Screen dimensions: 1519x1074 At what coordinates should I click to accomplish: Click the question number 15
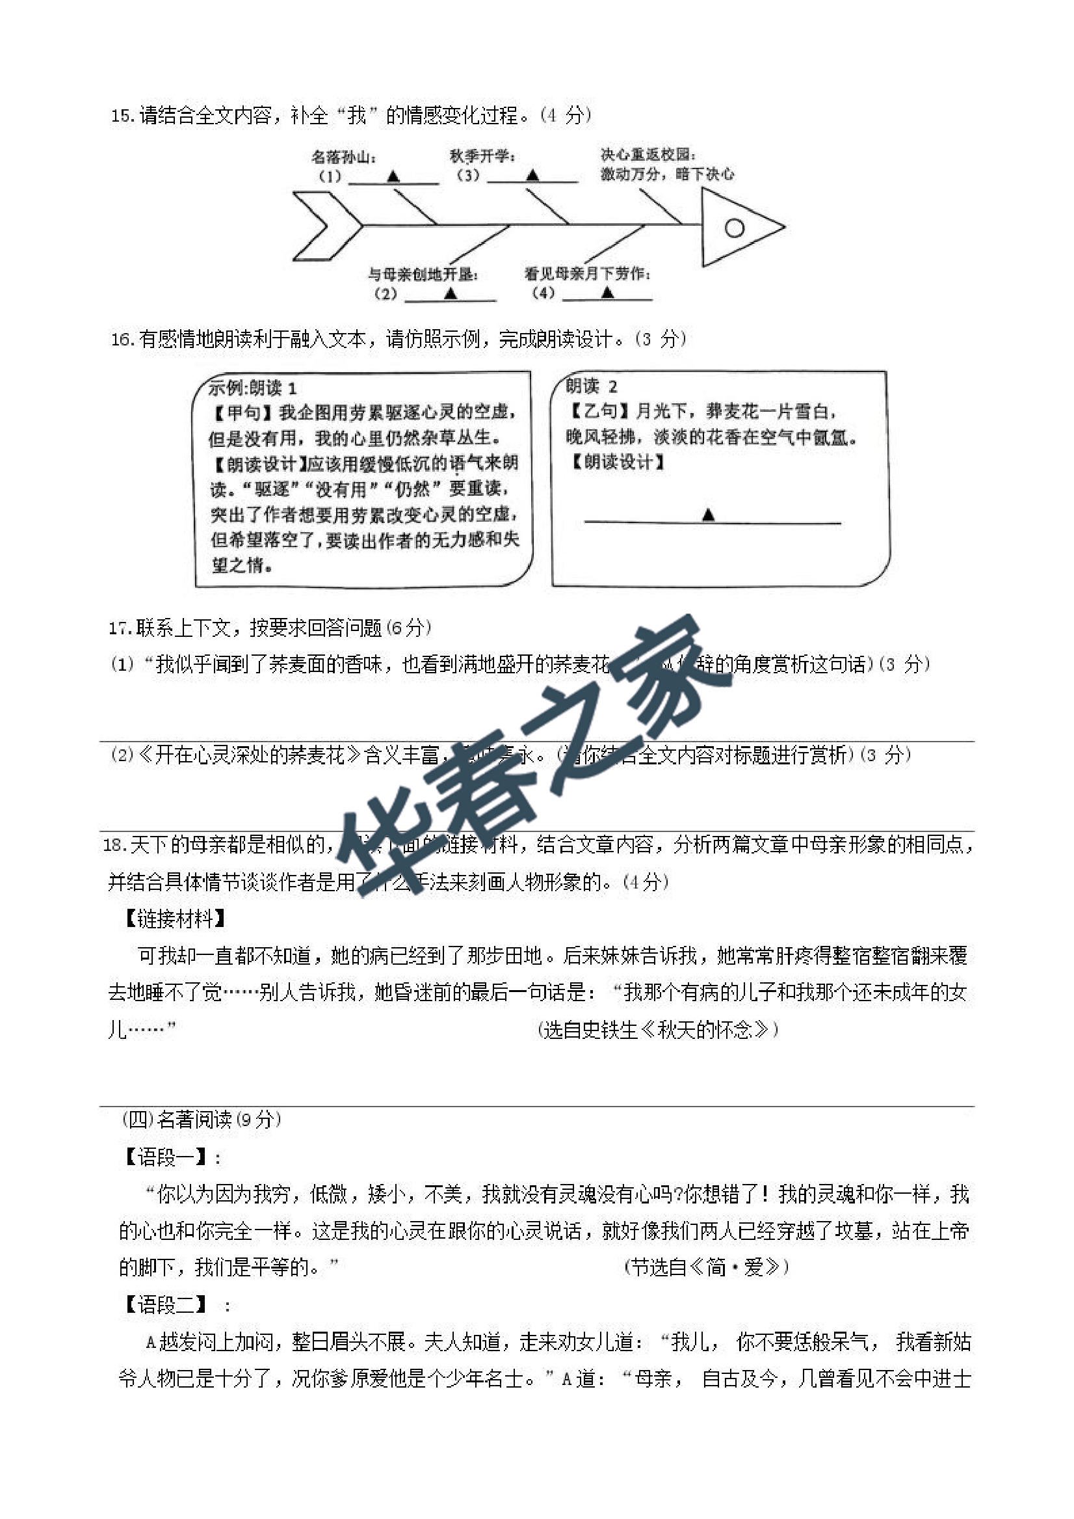point(122,116)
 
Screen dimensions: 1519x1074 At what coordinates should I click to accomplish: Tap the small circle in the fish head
point(734,228)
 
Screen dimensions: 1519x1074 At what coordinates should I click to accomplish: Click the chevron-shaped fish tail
point(328,226)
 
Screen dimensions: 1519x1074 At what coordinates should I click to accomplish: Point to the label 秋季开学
point(482,156)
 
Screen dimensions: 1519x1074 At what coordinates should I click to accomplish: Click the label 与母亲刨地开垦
point(423,274)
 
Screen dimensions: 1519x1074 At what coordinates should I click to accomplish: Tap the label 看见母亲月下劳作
point(588,273)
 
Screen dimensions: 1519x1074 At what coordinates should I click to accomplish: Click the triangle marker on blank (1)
point(393,176)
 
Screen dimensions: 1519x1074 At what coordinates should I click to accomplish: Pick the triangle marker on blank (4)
point(607,293)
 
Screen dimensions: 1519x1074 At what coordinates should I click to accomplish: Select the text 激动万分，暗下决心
point(666,174)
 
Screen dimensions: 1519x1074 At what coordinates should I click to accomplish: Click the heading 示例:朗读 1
point(252,388)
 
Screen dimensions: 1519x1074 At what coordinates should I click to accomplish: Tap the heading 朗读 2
point(591,386)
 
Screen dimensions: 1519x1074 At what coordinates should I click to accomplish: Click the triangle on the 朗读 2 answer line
point(708,515)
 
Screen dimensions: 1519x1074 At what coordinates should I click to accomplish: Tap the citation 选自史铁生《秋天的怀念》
point(659,1030)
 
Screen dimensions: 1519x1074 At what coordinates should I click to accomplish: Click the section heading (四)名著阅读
point(202,1120)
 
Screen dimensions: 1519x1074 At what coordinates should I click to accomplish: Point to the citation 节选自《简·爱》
point(706,1267)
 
